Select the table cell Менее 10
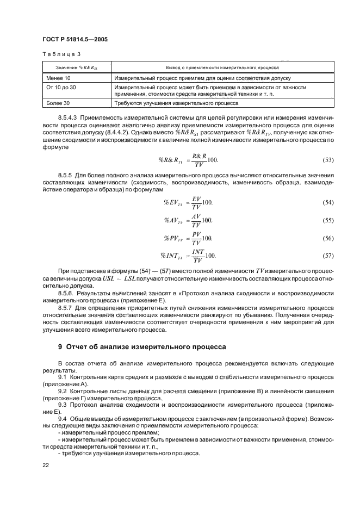(61, 78)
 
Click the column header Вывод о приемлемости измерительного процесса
(222, 69)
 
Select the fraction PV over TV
(196, 238)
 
